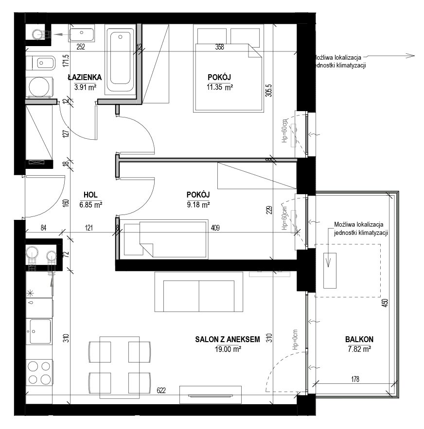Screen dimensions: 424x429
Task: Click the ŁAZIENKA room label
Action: pyautogui.click(x=85, y=78)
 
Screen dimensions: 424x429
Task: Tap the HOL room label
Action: pyautogui.click(x=90, y=195)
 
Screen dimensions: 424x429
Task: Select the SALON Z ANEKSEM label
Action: pyautogui.click(x=228, y=340)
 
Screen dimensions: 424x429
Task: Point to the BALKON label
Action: pyautogui.click(x=359, y=340)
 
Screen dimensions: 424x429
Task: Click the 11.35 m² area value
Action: pyautogui.click(x=220, y=87)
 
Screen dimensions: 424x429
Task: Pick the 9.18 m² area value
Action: pyautogui.click(x=198, y=205)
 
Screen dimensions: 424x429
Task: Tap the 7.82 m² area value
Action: pyautogui.click(x=360, y=349)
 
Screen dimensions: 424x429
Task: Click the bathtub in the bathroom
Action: pyautogui.click(x=120, y=60)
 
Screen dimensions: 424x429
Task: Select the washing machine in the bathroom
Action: pyautogui.click(x=40, y=87)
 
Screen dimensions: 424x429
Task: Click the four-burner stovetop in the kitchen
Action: pyautogui.click(x=39, y=372)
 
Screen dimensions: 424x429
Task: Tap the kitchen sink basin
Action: pyautogui.click(x=40, y=331)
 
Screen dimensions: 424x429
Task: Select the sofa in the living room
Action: pyautogui.click(x=199, y=292)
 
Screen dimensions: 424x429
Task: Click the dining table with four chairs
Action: pyautogui.click(x=120, y=367)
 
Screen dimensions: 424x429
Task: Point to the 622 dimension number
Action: pyautogui.click(x=161, y=391)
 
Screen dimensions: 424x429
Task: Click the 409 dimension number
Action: pyautogui.click(x=215, y=228)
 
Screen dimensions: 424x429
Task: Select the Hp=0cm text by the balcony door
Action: pyautogui.click(x=295, y=340)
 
